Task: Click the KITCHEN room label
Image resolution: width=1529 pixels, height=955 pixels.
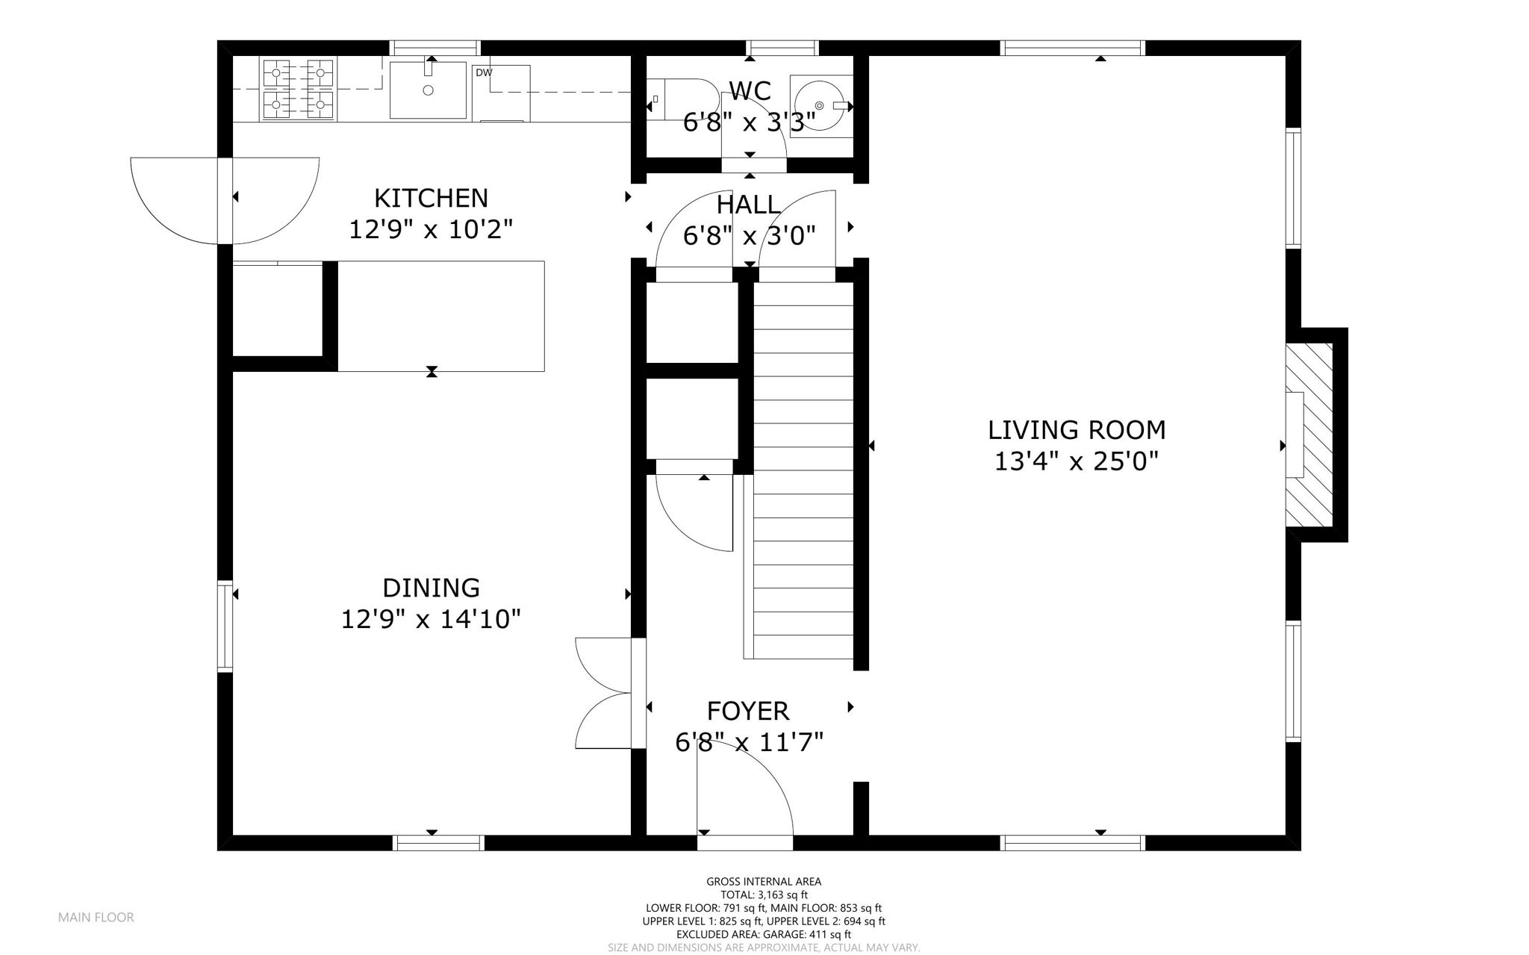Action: [431, 198]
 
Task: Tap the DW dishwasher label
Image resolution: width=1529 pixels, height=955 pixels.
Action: [484, 72]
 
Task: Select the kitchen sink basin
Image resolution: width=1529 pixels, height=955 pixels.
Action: [429, 90]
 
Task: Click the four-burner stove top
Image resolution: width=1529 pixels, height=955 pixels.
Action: [298, 88]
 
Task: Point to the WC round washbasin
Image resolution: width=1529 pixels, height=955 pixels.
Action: [821, 105]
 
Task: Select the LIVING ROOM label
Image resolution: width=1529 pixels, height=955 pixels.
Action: [1077, 430]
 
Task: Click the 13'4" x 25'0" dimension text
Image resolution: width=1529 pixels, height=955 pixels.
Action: [1077, 461]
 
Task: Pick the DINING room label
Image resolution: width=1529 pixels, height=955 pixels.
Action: [431, 588]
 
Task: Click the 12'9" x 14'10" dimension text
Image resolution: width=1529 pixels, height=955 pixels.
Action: [431, 619]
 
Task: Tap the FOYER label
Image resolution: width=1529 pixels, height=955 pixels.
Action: [748, 710]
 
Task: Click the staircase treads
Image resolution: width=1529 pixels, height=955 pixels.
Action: [803, 471]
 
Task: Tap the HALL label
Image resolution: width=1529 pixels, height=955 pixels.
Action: [749, 204]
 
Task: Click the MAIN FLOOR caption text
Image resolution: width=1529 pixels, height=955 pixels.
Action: [96, 918]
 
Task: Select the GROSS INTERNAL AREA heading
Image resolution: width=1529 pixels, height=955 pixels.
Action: [764, 882]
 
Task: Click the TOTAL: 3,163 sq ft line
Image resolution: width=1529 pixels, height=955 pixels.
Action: [764, 895]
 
